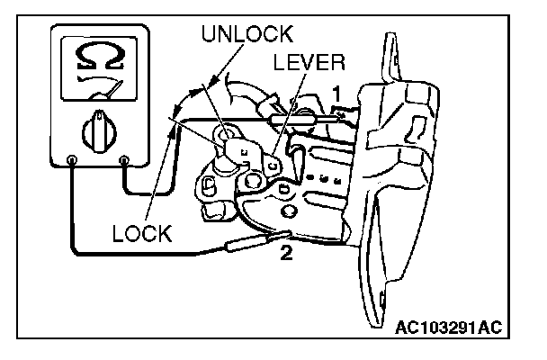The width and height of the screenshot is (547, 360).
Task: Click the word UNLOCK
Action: pyautogui.click(x=246, y=34)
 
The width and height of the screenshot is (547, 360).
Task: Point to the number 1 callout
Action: pyautogui.click(x=336, y=92)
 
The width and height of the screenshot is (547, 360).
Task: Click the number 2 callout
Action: pyautogui.click(x=287, y=253)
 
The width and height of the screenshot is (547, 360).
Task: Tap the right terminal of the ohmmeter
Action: pyautogui.click(x=124, y=162)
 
